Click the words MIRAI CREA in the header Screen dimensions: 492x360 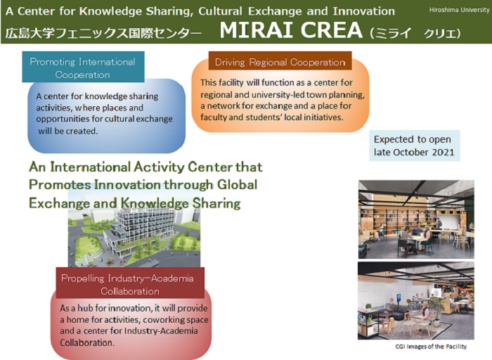click(291, 30)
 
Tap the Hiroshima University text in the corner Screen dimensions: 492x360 click(459, 10)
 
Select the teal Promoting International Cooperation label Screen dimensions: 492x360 click(83, 67)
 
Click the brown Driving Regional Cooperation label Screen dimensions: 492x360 click(280, 61)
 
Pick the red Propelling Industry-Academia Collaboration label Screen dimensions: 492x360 click(130, 283)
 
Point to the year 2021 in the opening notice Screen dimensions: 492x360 click(443, 153)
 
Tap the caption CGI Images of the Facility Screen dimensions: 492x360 click(431, 347)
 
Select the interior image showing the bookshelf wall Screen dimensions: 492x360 click(416, 219)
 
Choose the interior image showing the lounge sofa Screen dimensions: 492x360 click(416, 301)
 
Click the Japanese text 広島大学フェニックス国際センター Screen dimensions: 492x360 click(103, 33)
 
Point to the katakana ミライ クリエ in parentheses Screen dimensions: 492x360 click(415, 33)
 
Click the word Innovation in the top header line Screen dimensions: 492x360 click(363, 11)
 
